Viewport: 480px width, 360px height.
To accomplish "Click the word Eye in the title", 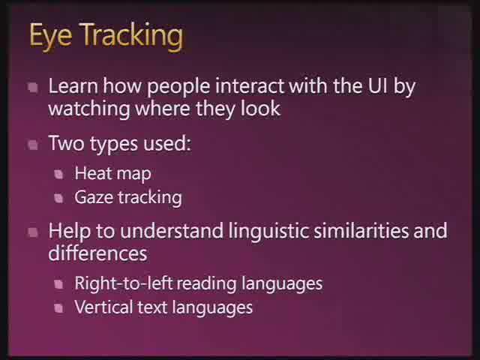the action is (51, 37).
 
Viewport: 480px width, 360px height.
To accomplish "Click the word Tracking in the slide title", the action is (132, 37).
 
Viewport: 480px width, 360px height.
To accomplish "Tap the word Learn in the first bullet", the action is (73, 86).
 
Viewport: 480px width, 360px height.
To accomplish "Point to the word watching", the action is (89, 109).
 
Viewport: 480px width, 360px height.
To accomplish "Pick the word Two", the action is (66, 143).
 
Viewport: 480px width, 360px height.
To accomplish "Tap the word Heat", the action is (93, 173).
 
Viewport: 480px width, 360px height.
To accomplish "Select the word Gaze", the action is (94, 198).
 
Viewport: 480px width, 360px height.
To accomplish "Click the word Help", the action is (70, 231).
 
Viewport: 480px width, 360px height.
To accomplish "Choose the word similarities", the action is (361, 230).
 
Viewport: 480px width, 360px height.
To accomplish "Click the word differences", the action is (97, 253).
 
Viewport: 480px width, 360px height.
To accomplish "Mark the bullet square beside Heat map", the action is (58, 175).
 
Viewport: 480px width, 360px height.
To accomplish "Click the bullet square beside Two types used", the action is (33, 145).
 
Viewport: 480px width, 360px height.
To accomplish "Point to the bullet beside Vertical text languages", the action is (58, 308).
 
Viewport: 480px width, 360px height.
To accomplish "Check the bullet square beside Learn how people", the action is (33, 88).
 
